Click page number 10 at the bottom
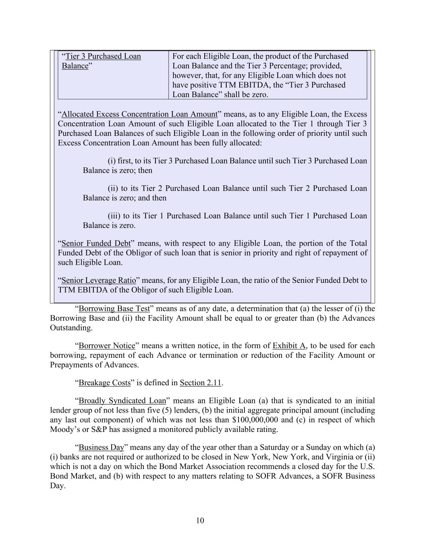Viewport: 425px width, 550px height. (200, 521)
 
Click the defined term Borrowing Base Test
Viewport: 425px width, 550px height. (114, 309)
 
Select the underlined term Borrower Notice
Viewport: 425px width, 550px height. (107, 346)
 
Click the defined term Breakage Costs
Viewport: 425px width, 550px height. (104, 383)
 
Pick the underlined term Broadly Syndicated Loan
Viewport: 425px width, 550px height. (122, 401)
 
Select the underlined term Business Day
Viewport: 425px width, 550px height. (101, 447)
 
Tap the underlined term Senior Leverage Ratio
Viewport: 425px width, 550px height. (99, 280)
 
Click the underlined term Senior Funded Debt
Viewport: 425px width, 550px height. (96, 243)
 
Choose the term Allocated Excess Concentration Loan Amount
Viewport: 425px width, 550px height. (139, 114)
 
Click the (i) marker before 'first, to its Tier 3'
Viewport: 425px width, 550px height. (112, 161)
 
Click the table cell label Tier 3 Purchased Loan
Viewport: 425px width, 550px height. (103, 56)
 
